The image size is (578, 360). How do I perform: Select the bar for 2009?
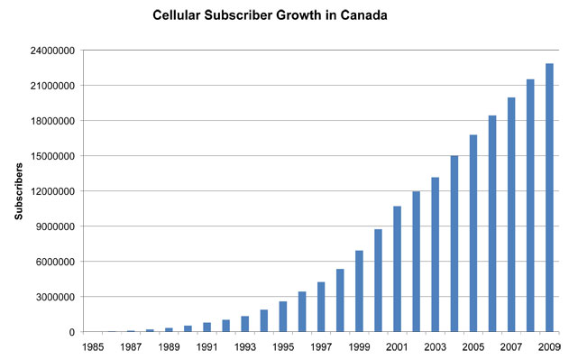(549, 198)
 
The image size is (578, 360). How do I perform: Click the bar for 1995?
(283, 317)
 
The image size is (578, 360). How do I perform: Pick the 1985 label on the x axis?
(93, 346)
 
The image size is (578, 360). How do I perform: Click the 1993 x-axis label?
(244, 346)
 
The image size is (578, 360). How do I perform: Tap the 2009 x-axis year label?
(549, 346)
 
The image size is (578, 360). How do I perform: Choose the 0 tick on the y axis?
(71, 332)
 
